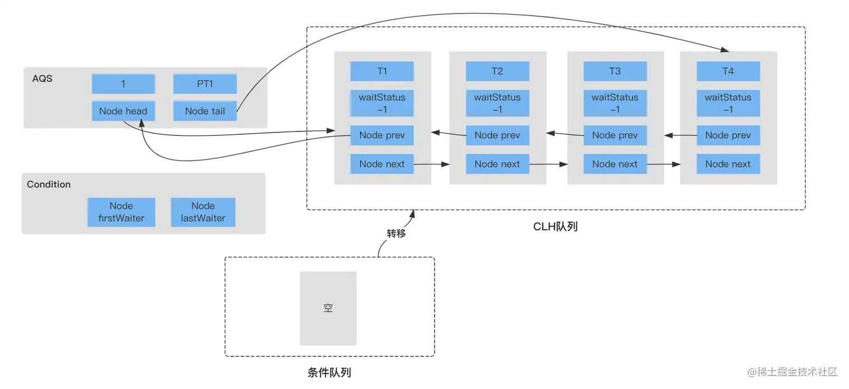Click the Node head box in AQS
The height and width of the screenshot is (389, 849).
point(123,111)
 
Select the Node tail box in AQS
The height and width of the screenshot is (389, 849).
point(205,111)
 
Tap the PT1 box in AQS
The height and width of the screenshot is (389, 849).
point(205,84)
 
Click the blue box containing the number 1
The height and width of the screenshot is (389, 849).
point(123,84)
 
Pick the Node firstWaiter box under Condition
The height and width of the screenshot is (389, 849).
point(121,212)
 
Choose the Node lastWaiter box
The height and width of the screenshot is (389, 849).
point(203,212)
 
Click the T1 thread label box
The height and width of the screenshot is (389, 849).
point(382,71)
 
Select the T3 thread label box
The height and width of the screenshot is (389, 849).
point(615,71)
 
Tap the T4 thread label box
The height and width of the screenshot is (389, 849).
point(728,71)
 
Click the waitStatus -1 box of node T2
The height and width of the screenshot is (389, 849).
point(497,103)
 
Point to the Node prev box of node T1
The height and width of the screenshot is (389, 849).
point(382,135)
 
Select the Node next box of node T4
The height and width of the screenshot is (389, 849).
point(728,164)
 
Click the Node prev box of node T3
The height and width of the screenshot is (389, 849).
point(615,135)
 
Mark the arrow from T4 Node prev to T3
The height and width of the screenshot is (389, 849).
point(680,135)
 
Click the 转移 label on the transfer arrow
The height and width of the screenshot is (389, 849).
point(396,234)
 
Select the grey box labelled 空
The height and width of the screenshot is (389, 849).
point(328,308)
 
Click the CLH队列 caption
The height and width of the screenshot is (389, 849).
point(555,227)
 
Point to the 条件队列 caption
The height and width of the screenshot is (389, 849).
point(329,372)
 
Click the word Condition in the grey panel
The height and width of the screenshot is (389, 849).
point(49,184)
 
